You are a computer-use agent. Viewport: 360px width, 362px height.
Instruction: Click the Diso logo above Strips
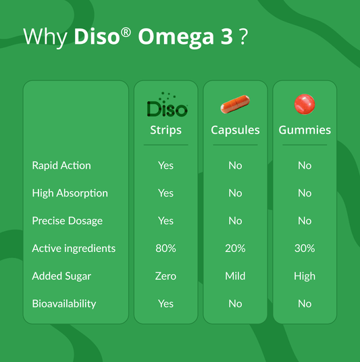[x=166, y=106]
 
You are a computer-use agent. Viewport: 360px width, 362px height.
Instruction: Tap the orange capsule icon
[x=235, y=105]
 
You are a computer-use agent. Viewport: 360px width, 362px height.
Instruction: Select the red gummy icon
[x=305, y=105]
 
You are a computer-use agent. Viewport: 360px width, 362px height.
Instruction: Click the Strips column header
[x=165, y=130]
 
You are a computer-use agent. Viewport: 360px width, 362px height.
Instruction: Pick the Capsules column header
[x=235, y=130]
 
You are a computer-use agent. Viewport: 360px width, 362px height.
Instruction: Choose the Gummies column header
[x=305, y=130]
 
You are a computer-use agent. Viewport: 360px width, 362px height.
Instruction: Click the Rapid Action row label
[x=61, y=165]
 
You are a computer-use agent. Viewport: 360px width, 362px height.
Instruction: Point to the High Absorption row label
[x=70, y=193]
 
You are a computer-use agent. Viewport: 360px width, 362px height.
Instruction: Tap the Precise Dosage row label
[x=67, y=221]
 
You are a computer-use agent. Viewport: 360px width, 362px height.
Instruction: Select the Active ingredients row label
[x=74, y=249]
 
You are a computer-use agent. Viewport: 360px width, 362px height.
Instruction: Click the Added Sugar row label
[x=61, y=276]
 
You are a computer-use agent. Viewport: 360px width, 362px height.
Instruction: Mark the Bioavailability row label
[x=64, y=304]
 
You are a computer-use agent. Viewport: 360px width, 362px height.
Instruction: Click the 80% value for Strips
[x=165, y=249]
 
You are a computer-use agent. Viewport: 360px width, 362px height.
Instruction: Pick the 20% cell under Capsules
[x=235, y=249]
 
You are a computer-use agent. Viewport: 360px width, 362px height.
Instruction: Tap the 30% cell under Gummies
[x=305, y=249]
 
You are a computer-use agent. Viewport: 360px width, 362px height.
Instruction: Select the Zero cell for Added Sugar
[x=165, y=276]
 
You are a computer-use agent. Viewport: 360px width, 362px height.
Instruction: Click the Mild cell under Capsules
[x=235, y=276]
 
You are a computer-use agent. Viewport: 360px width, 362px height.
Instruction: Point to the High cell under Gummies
[x=305, y=276]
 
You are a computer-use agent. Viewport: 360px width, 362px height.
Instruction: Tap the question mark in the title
[x=242, y=37]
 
